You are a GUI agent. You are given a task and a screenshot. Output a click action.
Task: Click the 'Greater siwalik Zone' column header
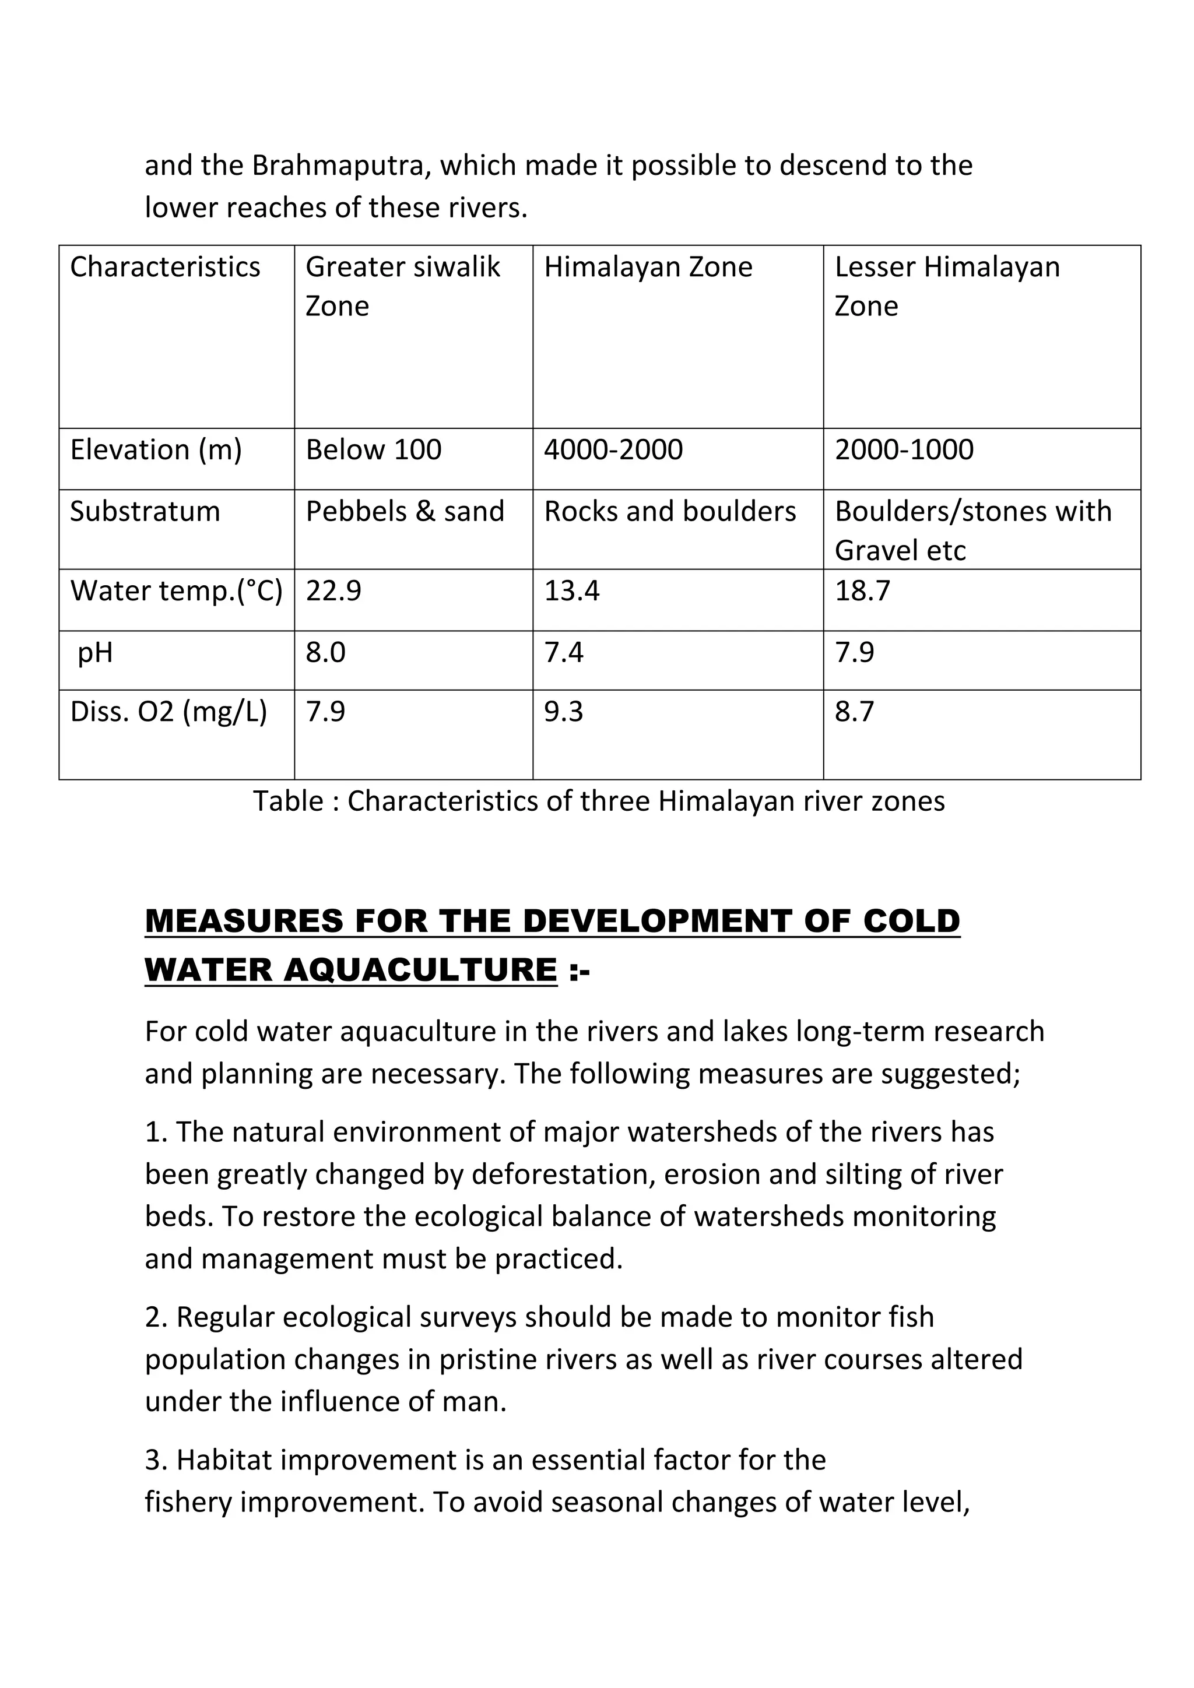tap(402, 286)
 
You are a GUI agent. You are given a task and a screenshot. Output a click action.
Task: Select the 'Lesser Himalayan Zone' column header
tap(947, 286)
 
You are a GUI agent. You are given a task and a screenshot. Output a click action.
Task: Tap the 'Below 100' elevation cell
tap(374, 449)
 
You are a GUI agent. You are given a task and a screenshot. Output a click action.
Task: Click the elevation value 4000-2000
tap(613, 449)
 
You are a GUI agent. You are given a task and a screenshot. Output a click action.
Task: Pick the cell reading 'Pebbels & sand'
tap(405, 511)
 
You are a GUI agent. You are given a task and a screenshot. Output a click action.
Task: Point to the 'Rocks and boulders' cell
tap(670, 511)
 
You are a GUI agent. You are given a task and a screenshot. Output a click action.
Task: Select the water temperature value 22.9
tap(334, 590)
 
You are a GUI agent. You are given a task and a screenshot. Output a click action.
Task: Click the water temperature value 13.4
tap(571, 590)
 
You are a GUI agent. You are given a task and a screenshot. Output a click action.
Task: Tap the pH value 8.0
tap(326, 652)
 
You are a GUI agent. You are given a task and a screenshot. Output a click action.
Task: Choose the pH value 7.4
tap(563, 652)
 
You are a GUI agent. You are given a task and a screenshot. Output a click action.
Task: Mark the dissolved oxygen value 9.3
tap(563, 712)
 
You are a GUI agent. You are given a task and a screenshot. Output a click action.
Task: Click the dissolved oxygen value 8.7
tap(854, 712)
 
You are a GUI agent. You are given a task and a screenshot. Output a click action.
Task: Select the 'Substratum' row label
tap(145, 511)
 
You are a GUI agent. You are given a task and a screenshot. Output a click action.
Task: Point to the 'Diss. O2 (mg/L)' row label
tap(168, 712)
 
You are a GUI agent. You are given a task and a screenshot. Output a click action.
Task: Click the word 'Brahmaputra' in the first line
tap(341, 166)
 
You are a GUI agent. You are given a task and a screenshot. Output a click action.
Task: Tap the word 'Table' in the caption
tap(287, 801)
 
